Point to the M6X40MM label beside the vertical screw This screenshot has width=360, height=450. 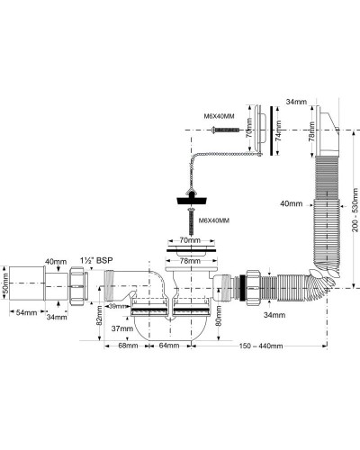216,220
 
